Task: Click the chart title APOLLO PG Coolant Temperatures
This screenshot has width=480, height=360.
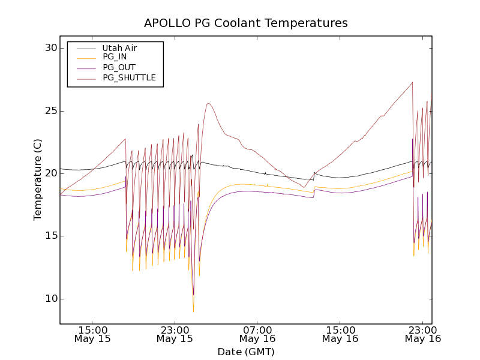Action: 245,23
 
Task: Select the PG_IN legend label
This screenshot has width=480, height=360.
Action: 115,57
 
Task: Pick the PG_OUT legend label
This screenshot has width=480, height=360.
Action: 119,67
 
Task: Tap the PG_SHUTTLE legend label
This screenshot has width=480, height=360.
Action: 129,77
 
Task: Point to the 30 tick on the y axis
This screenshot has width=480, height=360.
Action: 49,48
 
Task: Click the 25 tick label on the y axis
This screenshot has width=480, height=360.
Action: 49,111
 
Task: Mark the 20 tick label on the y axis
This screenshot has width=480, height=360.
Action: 49,173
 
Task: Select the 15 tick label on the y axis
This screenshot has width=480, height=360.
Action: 49,236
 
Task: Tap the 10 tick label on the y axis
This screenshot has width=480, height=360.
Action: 49,299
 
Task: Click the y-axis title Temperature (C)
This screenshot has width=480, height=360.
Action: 38,179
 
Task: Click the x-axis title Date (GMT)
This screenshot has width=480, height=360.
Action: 245,352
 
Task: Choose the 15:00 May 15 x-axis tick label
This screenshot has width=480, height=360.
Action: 92,334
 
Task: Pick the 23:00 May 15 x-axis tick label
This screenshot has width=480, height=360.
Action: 175,334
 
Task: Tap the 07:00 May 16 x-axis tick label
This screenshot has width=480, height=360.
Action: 257,334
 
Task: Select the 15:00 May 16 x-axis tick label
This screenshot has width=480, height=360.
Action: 340,334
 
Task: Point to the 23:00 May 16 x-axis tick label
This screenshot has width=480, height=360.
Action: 422,334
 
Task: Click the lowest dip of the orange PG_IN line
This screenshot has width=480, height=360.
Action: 193,312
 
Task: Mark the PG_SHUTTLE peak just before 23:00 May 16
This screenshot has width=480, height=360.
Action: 412,82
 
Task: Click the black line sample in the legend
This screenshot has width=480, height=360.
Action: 85,48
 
